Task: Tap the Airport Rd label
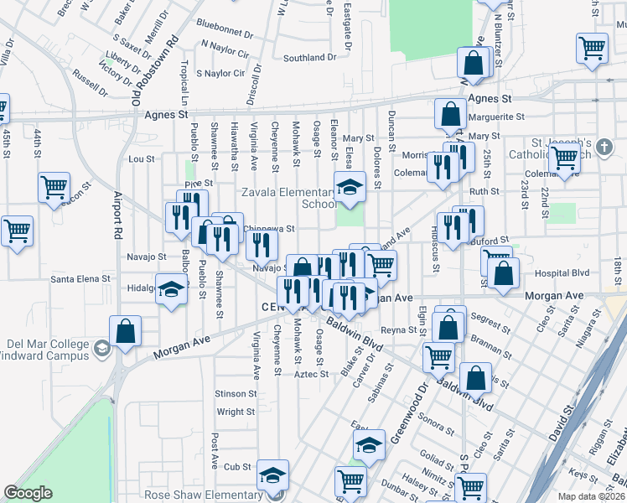[x=117, y=219]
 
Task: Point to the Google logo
[x=28, y=493]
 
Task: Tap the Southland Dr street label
[x=309, y=58]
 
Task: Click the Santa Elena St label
[x=80, y=278]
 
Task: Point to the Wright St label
[x=236, y=412]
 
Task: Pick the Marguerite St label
[x=497, y=117]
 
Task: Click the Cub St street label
[x=238, y=467]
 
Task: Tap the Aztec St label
[x=312, y=374]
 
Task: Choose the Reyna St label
[x=400, y=330]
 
